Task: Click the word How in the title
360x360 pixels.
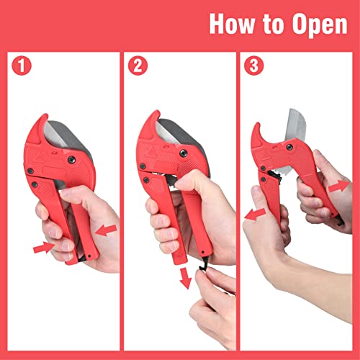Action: click(231, 24)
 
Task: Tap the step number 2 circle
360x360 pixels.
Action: click(137, 67)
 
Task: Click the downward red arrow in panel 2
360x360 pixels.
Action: click(185, 276)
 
